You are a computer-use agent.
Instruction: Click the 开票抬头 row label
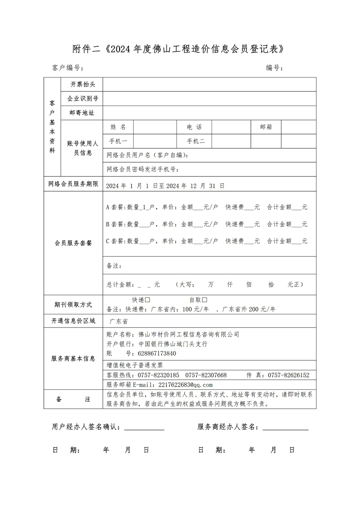coord(83,84)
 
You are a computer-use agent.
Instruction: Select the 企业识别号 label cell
coord(83,99)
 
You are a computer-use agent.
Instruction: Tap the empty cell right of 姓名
coord(155,127)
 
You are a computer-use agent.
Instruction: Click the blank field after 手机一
coord(155,141)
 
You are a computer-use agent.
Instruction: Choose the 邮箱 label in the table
coord(266,127)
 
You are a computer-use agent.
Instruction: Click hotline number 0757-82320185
coord(158,375)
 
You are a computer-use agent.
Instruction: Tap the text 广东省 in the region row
coord(118,321)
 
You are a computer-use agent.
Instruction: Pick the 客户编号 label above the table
coord(68,68)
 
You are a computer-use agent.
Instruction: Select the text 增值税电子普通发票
coord(135,365)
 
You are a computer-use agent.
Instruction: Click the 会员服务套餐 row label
coord(73,243)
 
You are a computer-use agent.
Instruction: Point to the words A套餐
coord(115,208)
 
